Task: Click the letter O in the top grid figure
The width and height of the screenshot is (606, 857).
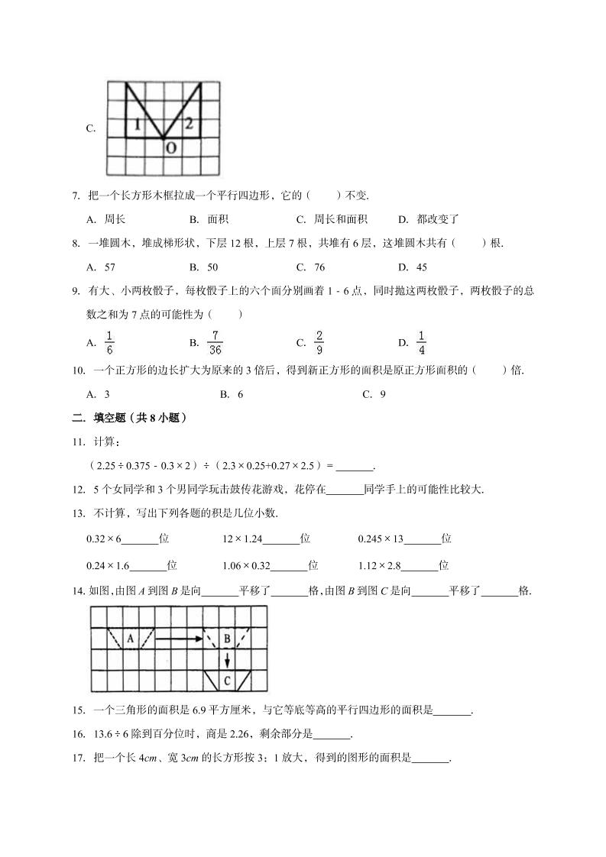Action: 170,147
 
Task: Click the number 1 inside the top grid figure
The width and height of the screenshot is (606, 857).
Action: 136,125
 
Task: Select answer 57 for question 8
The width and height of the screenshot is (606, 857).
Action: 109,267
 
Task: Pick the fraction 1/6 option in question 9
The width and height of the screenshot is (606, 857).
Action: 109,342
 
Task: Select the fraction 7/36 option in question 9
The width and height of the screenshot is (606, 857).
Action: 216,342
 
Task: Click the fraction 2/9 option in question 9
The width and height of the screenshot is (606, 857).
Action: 319,342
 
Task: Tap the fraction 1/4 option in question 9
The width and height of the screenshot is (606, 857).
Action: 422,342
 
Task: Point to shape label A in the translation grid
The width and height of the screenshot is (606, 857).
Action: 131,638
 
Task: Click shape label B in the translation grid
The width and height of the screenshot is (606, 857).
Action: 227,638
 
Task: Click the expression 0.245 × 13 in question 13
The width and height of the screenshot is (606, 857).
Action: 380,539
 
